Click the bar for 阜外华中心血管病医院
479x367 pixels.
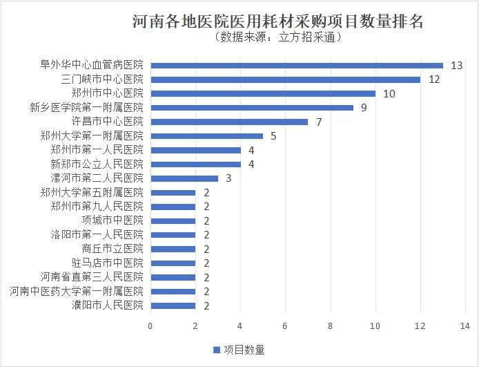coord(297,66)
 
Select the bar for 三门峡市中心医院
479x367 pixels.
coord(286,79)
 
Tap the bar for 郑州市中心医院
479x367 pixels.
coord(263,93)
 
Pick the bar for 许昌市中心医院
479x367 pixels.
coord(229,122)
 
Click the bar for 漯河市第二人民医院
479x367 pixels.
coord(184,178)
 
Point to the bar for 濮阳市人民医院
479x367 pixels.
coord(173,305)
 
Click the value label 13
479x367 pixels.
coord(456,66)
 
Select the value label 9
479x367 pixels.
coord(364,108)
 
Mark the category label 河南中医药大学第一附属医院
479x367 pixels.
coord(76,291)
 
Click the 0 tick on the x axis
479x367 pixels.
coord(150,325)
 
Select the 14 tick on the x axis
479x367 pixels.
coord(466,325)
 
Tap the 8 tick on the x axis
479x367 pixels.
coord(331,325)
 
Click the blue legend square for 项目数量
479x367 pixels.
coord(215,350)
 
